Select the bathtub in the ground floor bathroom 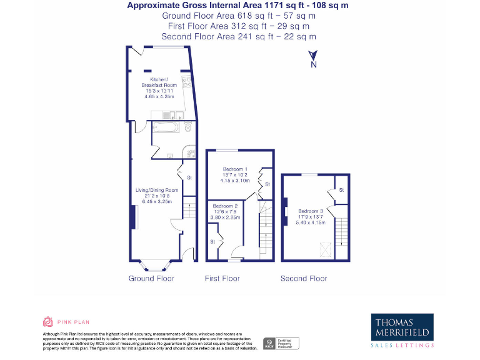point(166,129)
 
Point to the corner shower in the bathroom point(187,152)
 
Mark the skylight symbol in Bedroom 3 point(325,250)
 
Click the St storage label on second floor point(341,189)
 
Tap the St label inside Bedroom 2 point(212,241)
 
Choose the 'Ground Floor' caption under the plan point(151,278)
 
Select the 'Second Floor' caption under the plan point(303,278)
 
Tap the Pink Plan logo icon point(48,322)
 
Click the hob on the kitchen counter point(186,81)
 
